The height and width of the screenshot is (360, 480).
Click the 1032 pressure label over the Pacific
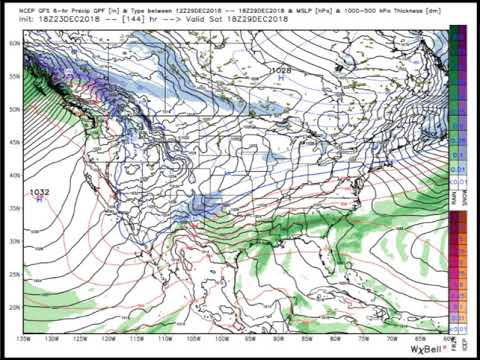40,192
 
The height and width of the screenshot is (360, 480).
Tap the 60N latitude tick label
15,43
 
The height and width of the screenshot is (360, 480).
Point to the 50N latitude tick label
15,109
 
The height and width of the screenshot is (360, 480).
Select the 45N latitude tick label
15,143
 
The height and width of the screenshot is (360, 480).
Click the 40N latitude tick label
15,175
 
